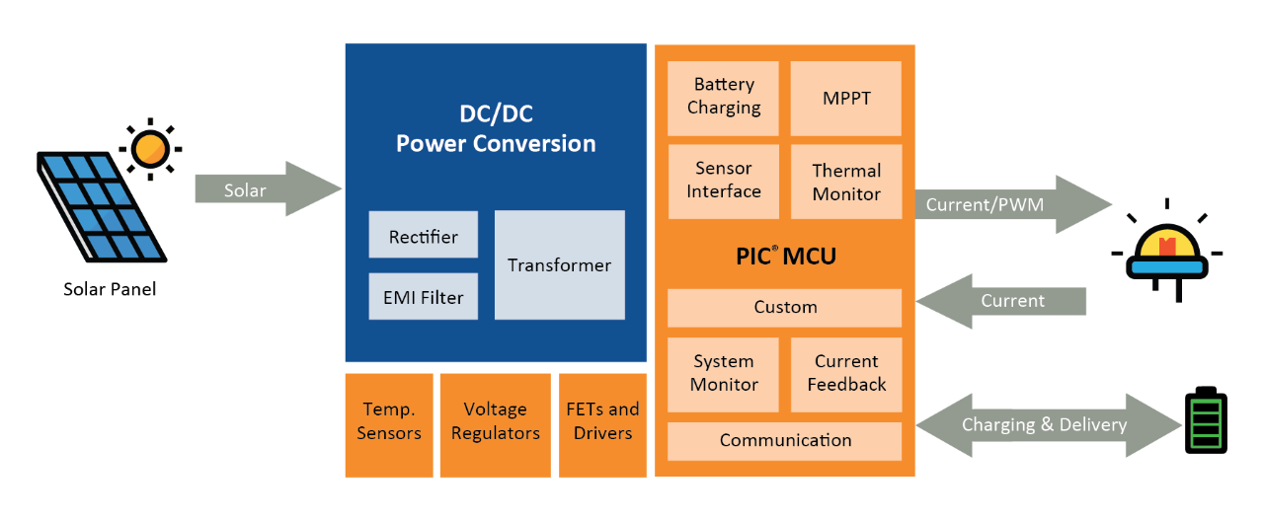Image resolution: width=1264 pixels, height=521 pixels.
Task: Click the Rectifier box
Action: tap(423, 236)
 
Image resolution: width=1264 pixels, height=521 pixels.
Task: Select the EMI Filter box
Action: tap(423, 296)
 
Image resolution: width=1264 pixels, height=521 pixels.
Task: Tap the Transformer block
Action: tap(559, 264)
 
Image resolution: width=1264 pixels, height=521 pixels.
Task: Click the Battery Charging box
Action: tap(724, 97)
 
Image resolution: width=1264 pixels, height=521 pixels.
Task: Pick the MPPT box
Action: tap(846, 98)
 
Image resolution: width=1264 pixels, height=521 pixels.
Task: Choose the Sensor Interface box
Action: tap(724, 181)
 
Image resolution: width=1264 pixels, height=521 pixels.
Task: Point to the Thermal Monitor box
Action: tap(846, 182)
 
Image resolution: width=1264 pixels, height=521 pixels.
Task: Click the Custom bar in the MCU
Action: tap(785, 307)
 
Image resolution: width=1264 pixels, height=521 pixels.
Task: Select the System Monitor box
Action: tap(724, 373)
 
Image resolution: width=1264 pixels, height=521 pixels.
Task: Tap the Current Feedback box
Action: tap(846, 373)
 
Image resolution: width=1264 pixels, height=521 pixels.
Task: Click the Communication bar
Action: tap(785, 440)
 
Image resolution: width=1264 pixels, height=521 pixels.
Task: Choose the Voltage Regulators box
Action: tap(495, 421)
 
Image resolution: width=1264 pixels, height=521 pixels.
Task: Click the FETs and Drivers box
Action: tap(602, 421)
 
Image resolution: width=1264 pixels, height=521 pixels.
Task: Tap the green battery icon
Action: tap(1205, 423)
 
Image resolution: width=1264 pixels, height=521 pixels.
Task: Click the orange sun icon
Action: tap(150, 149)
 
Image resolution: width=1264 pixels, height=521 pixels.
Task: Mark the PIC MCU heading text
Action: tap(785, 257)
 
